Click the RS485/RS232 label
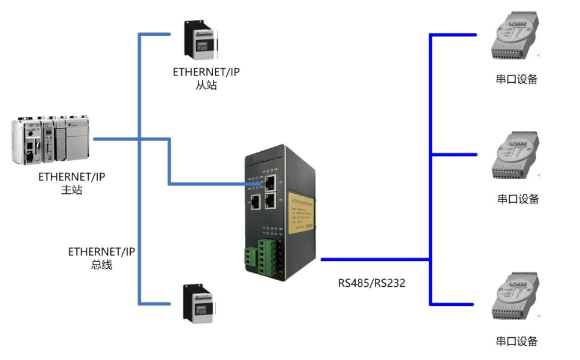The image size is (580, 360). pyautogui.click(x=371, y=283)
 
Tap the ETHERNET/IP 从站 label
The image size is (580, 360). pyautogui.click(x=206, y=79)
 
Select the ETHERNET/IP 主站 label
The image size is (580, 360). pyautogui.click(x=71, y=183)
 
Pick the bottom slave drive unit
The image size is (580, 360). pyautogui.click(x=199, y=302)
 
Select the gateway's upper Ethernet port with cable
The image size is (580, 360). pyautogui.click(x=270, y=181)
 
